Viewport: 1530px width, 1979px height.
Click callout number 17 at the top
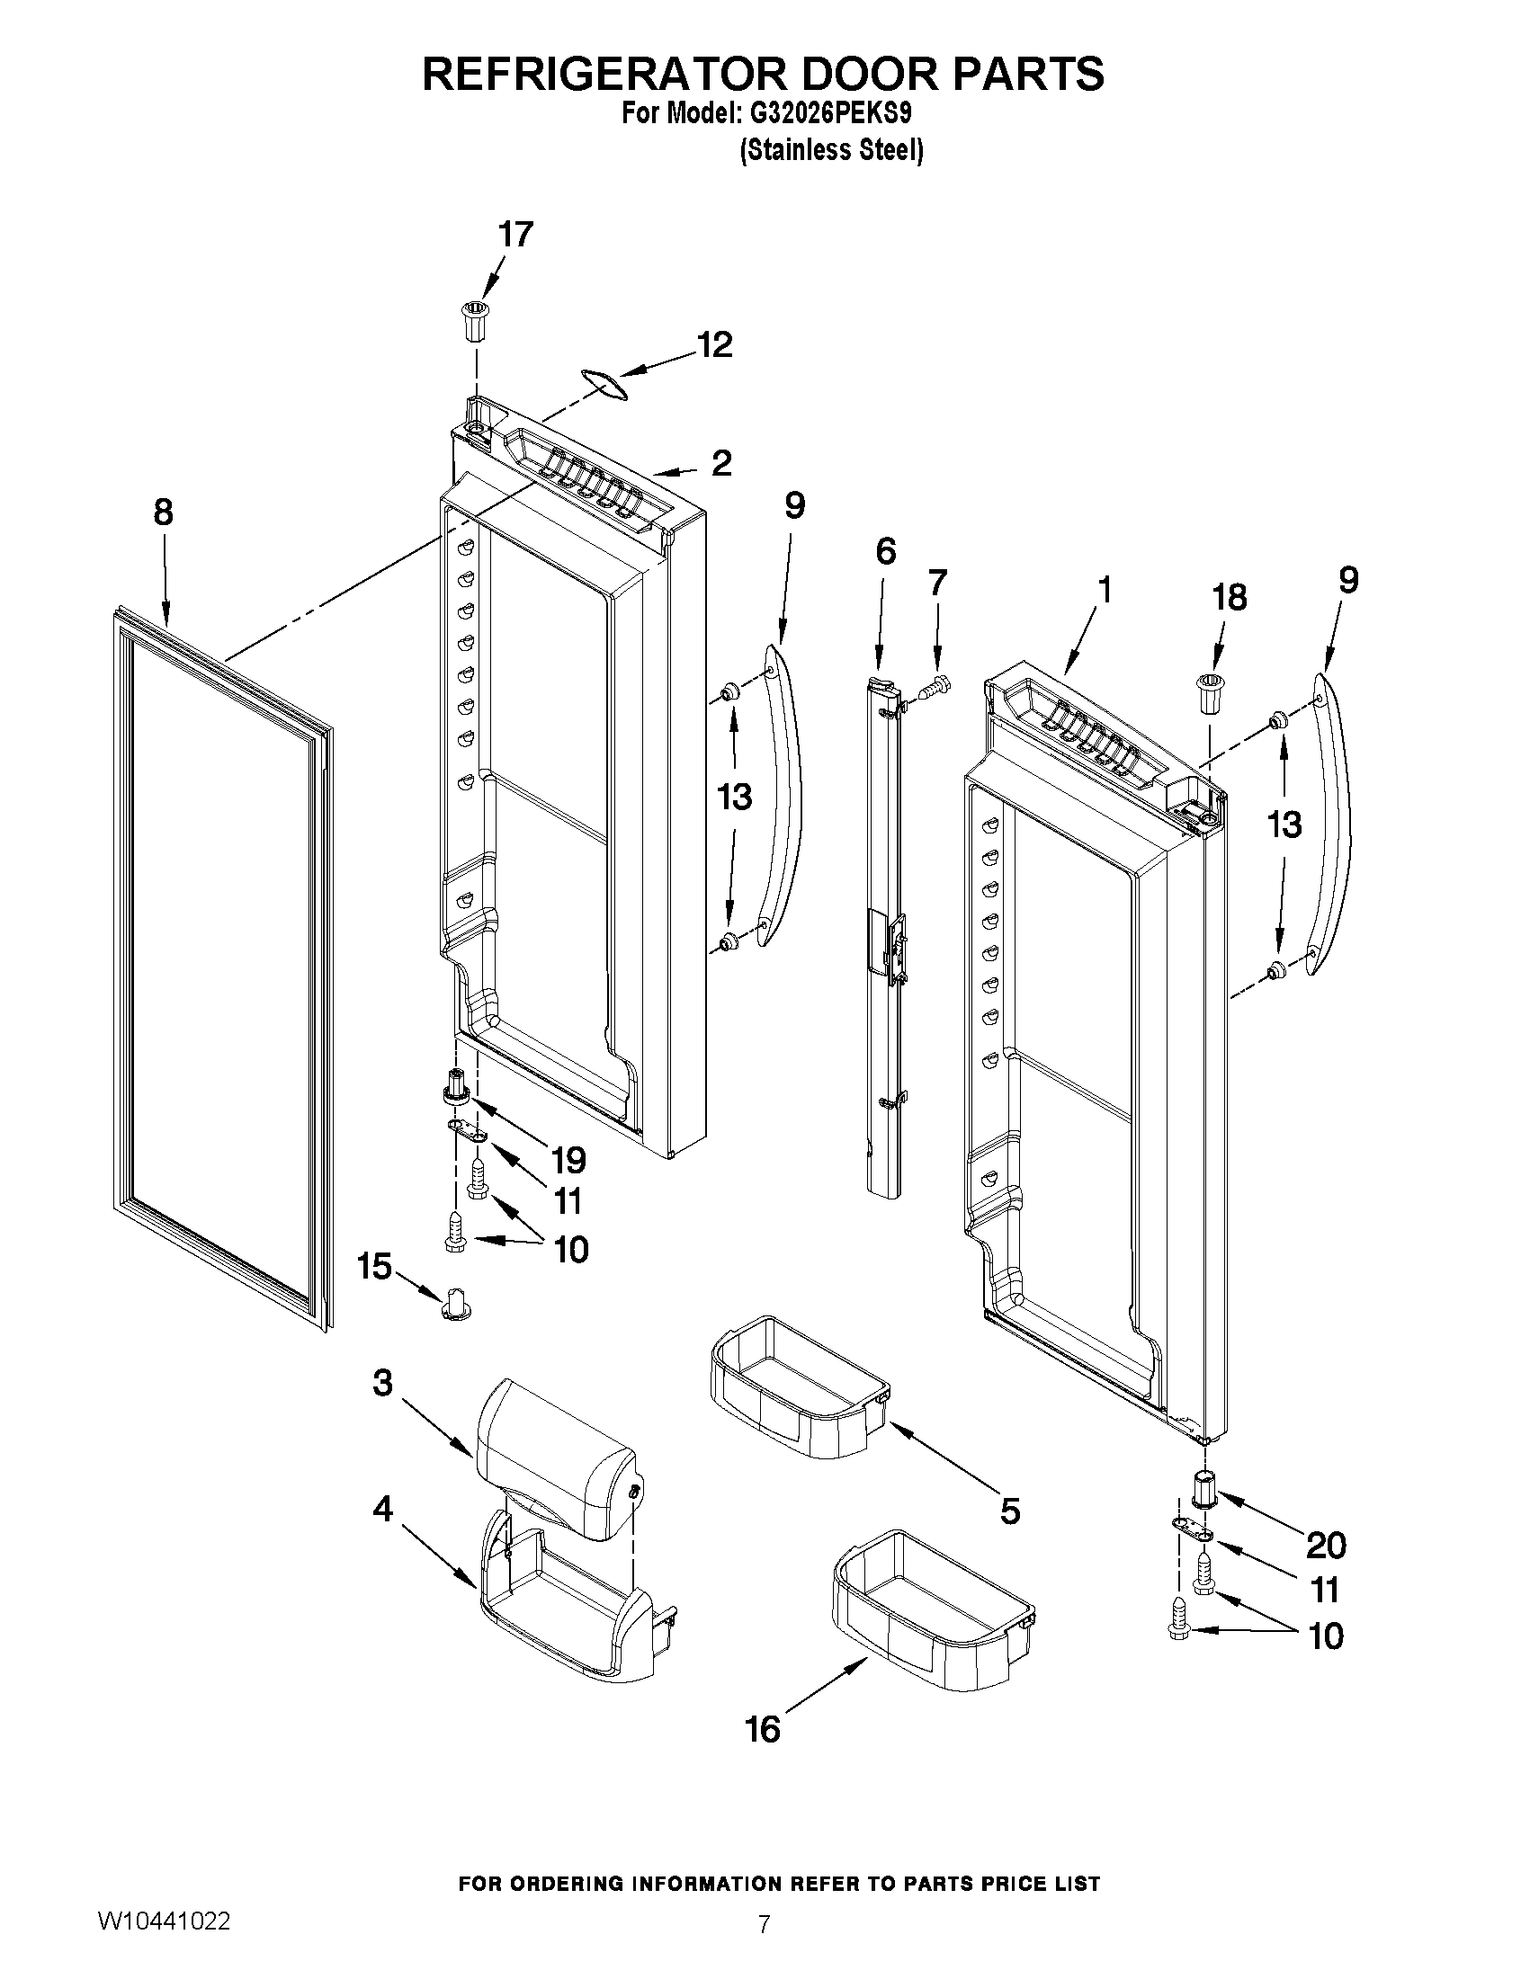coord(515,235)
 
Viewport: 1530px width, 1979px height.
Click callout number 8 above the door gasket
coord(163,513)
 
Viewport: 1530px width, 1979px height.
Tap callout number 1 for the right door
coord(1103,590)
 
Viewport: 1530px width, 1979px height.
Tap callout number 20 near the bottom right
coord(1325,1545)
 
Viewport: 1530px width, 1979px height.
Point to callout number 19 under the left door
coord(568,1161)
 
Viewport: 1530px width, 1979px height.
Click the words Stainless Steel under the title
coord(832,150)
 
